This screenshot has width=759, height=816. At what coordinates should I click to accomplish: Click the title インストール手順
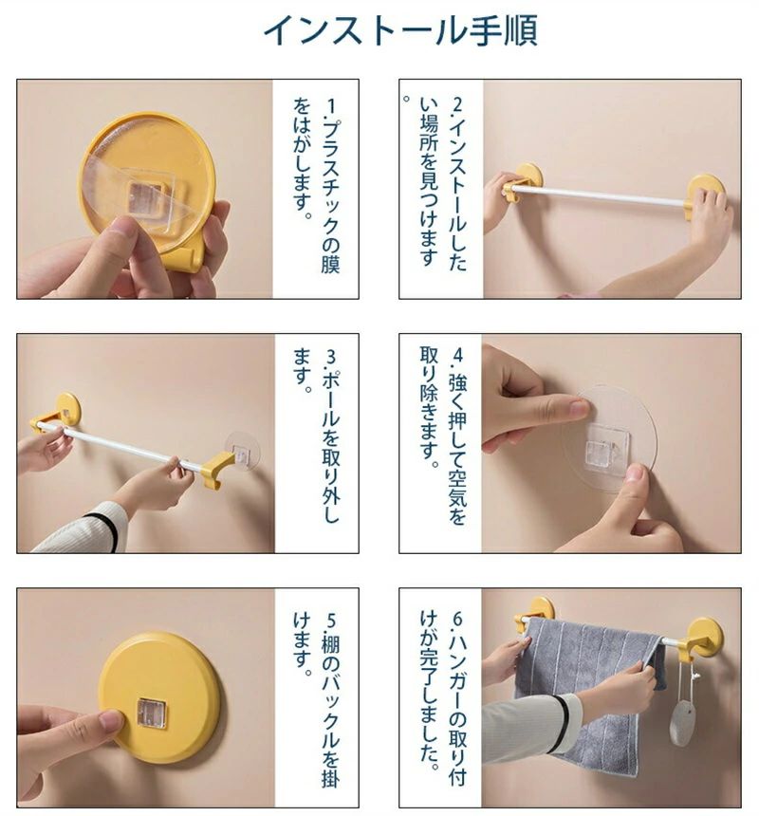point(400,30)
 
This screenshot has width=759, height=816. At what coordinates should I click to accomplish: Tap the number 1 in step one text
point(330,105)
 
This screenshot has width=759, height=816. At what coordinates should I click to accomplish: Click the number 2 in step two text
point(458,104)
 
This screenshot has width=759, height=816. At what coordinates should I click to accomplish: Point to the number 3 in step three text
point(331,358)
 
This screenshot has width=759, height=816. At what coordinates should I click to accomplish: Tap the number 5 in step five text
point(331,621)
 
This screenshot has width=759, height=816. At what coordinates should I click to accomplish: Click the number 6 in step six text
point(458,620)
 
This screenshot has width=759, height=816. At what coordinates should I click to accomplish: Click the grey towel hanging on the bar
point(583,692)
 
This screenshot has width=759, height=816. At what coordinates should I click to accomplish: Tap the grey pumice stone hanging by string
point(680,723)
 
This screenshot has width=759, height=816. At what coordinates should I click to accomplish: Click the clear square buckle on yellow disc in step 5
point(152,714)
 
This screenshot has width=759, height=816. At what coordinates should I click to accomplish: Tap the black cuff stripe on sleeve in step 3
point(104,530)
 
